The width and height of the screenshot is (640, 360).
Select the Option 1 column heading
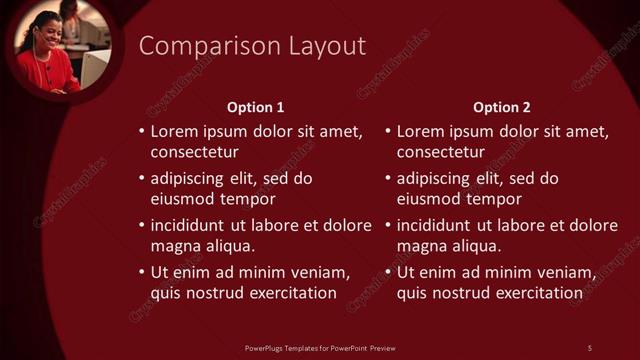tap(256, 107)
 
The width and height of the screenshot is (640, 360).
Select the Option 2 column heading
tap(502, 107)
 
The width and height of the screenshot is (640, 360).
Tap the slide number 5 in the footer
tap(590, 347)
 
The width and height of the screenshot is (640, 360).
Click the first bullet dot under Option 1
tap(141, 132)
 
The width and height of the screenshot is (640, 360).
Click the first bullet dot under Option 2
tap(387, 132)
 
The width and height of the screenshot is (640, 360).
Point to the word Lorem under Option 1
tap(173, 131)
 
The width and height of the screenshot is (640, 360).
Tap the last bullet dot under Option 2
tap(387, 273)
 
